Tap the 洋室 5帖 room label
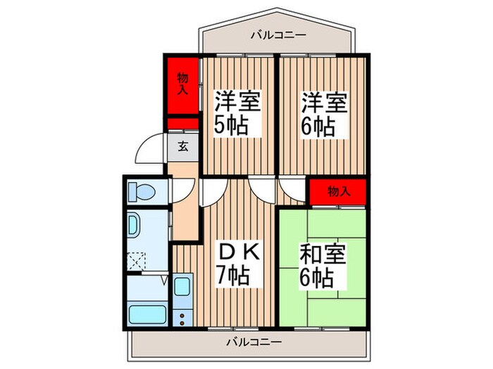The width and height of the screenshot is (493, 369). (x=237, y=114)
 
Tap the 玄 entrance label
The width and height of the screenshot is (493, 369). (x=182, y=147)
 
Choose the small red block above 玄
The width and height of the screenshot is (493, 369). (x=182, y=124)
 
